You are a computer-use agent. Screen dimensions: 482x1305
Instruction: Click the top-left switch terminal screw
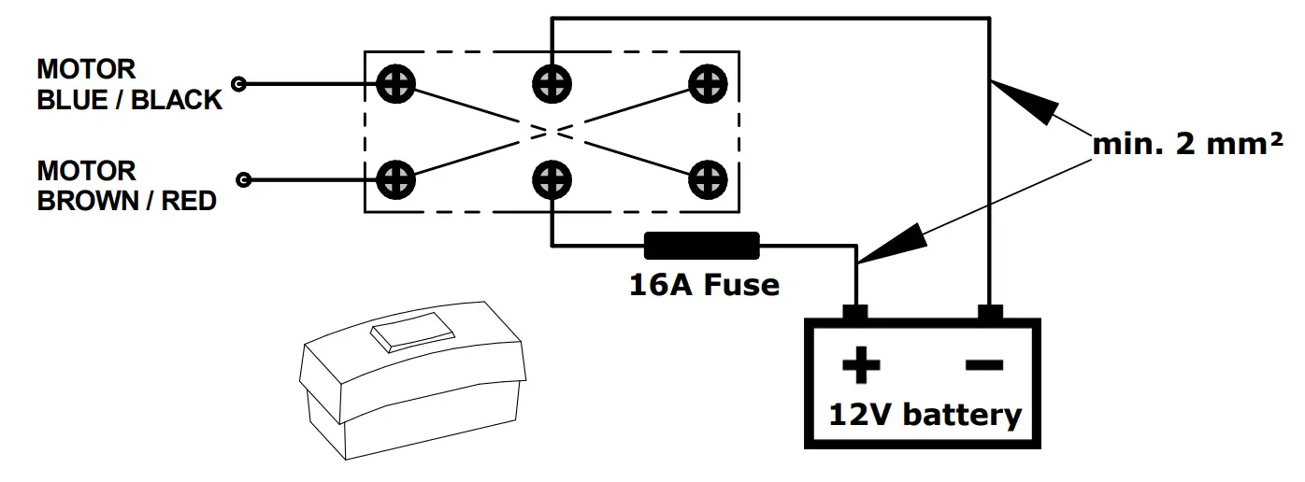pyautogui.click(x=395, y=83)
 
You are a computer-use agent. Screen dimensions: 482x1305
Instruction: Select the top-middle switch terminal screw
pyautogui.click(x=552, y=83)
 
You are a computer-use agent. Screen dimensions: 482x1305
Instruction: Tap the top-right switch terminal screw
pyautogui.click(x=708, y=83)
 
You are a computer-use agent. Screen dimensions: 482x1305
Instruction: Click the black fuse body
pyautogui.click(x=702, y=247)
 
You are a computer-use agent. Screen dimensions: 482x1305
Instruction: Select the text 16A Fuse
pyautogui.click(x=704, y=284)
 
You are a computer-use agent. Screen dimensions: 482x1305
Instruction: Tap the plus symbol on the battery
pyautogui.click(x=860, y=365)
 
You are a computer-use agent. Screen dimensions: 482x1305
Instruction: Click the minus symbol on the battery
pyautogui.click(x=983, y=364)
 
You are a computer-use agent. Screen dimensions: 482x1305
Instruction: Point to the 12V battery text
pyautogui.click(x=925, y=414)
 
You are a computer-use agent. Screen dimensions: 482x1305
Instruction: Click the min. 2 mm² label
pyautogui.click(x=1187, y=145)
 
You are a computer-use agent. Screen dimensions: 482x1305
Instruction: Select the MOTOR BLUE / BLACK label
pyautogui.click(x=129, y=84)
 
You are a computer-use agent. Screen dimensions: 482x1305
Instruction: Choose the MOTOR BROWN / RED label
pyautogui.click(x=126, y=186)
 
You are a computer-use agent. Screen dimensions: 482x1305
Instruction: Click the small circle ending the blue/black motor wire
pyautogui.click(x=239, y=84)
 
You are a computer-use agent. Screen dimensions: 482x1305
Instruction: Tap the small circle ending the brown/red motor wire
pyautogui.click(x=245, y=179)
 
